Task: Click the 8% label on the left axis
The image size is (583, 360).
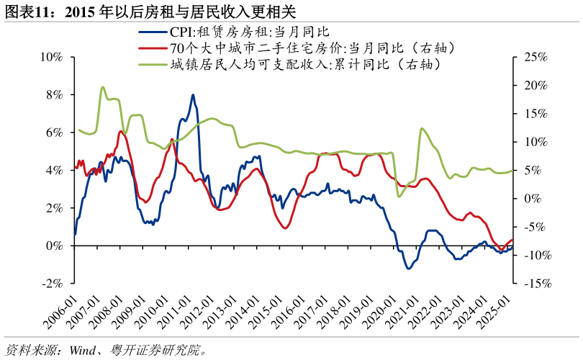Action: pyautogui.click(x=56, y=95)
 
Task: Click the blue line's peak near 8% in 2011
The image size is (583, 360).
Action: pyautogui.click(x=192, y=94)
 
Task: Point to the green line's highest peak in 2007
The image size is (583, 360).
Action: pyautogui.click(x=102, y=87)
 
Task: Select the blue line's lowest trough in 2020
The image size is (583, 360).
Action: pyautogui.click(x=408, y=269)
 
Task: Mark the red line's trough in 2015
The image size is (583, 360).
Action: pyautogui.click(x=285, y=228)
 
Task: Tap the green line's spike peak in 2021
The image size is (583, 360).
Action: pyautogui.click(x=421, y=129)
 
